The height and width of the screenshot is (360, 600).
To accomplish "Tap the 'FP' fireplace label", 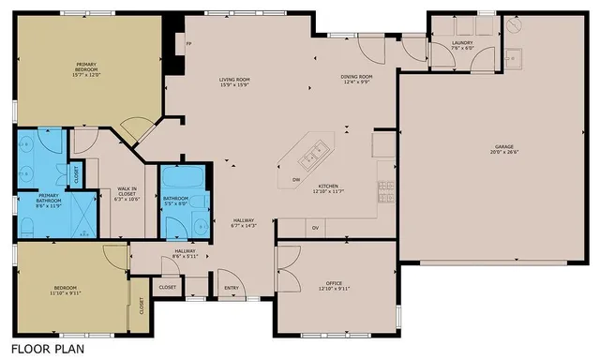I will coord(189,44).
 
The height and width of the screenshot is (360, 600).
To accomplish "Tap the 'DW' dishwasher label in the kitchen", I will coord(295,179).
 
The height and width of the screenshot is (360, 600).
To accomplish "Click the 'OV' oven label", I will coord(316,228).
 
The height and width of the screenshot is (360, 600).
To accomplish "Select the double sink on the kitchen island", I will coord(316,148).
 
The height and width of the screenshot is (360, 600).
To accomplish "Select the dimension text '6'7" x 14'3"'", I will coord(244,226).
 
